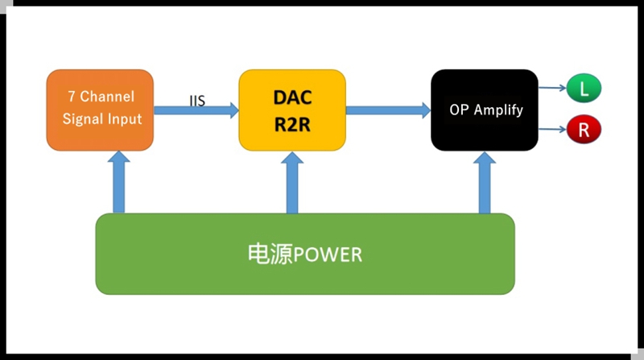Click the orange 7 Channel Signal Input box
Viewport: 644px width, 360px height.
click(100, 110)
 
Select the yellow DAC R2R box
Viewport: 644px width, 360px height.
click(292, 110)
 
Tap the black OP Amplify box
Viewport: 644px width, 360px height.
click(485, 110)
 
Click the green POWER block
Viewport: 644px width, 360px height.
click(305, 254)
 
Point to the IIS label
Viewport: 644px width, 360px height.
click(197, 101)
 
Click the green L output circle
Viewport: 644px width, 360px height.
click(584, 88)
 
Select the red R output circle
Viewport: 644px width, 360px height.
click(584, 130)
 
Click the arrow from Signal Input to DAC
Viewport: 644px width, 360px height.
click(196, 110)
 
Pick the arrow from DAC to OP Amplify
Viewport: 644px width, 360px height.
click(389, 110)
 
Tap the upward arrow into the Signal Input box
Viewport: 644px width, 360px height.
click(118, 182)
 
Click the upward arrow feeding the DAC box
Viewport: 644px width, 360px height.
click(292, 182)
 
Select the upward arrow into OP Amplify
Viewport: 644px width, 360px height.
click(485, 182)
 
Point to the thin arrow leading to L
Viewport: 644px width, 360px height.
click(552, 88)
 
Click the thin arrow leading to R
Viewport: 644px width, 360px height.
click(552, 130)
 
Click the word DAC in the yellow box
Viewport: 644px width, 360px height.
click(292, 97)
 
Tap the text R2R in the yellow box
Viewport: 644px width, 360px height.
click(292, 125)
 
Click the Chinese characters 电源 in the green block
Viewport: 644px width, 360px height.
click(270, 254)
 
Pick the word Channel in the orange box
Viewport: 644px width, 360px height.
click(107, 97)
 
